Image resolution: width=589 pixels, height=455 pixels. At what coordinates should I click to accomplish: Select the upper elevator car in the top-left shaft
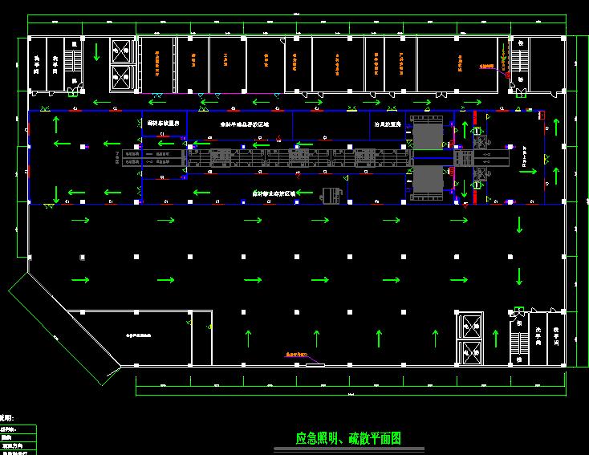pos(120,50)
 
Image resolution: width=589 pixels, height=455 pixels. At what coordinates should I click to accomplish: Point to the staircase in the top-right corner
pos(518,60)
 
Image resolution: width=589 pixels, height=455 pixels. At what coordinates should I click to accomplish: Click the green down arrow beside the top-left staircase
pos(96,52)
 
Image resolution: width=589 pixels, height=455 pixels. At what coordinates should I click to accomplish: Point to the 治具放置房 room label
pos(386,124)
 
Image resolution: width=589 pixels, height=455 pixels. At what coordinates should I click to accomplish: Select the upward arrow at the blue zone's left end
pos(57,124)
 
